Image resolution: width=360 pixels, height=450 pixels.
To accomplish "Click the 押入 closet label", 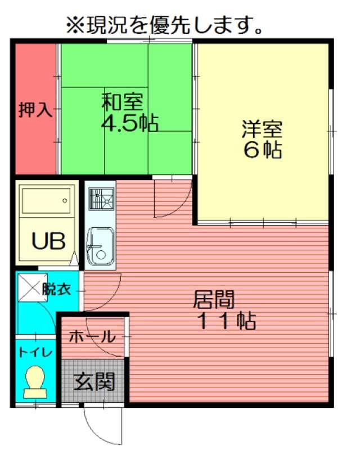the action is [x=35, y=109].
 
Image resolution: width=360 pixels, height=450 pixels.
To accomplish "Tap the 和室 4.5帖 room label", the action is [x=130, y=112].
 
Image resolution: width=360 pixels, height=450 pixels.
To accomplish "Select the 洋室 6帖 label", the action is [x=262, y=139].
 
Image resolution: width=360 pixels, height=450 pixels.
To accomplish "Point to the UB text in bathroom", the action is [x=48, y=241].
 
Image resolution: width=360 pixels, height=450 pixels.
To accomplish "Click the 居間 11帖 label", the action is [x=224, y=310].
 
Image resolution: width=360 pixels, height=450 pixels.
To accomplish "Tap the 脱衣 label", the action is [x=57, y=289].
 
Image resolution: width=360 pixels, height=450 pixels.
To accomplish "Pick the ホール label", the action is [x=92, y=336].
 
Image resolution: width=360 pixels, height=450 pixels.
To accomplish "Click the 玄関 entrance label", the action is [x=94, y=382].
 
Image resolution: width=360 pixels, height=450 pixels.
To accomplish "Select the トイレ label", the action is [x=35, y=352].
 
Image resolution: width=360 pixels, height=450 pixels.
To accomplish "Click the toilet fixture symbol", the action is [x=35, y=382].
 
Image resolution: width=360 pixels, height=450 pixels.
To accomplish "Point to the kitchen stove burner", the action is [x=101, y=199].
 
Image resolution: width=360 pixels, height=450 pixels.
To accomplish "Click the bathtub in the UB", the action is [x=46, y=201].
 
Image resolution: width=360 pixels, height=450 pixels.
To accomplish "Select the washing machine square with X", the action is [x=33, y=287].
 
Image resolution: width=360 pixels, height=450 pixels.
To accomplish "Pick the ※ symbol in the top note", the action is [x=75, y=25].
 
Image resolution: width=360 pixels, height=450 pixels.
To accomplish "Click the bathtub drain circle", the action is [x=65, y=201].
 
